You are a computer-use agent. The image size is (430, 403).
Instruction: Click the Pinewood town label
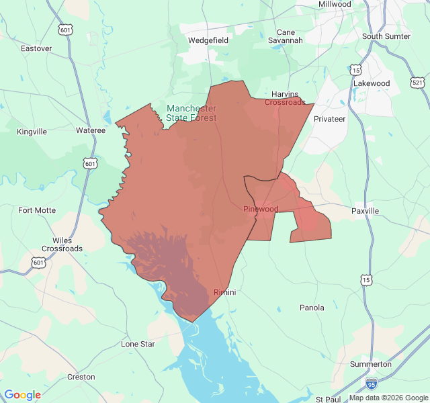261,209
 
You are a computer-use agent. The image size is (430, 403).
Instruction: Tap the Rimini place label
225,292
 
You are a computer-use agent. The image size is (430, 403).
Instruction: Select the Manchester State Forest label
191,113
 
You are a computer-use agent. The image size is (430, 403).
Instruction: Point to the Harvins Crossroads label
285,98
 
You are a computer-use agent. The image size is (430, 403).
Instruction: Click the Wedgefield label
208,40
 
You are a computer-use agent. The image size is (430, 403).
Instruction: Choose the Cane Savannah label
286,36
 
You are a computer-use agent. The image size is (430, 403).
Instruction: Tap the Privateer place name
329,119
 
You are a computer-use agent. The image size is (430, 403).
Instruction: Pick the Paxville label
365,211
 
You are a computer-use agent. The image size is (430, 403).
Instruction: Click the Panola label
312,308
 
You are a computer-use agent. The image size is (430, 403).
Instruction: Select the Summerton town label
371,364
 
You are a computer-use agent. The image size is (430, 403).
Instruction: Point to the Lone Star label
138,344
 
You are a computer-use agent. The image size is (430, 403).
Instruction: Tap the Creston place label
81,377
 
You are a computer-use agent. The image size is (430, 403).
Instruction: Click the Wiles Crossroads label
62,244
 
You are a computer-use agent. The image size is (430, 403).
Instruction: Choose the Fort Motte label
37,210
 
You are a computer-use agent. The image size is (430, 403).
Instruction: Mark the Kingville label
32,132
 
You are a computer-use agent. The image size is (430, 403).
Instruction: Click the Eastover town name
36,48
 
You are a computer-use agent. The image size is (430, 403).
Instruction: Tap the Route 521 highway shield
418,83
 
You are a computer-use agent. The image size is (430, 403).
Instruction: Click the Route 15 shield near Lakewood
355,70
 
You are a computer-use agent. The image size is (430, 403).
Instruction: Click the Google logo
23,395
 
